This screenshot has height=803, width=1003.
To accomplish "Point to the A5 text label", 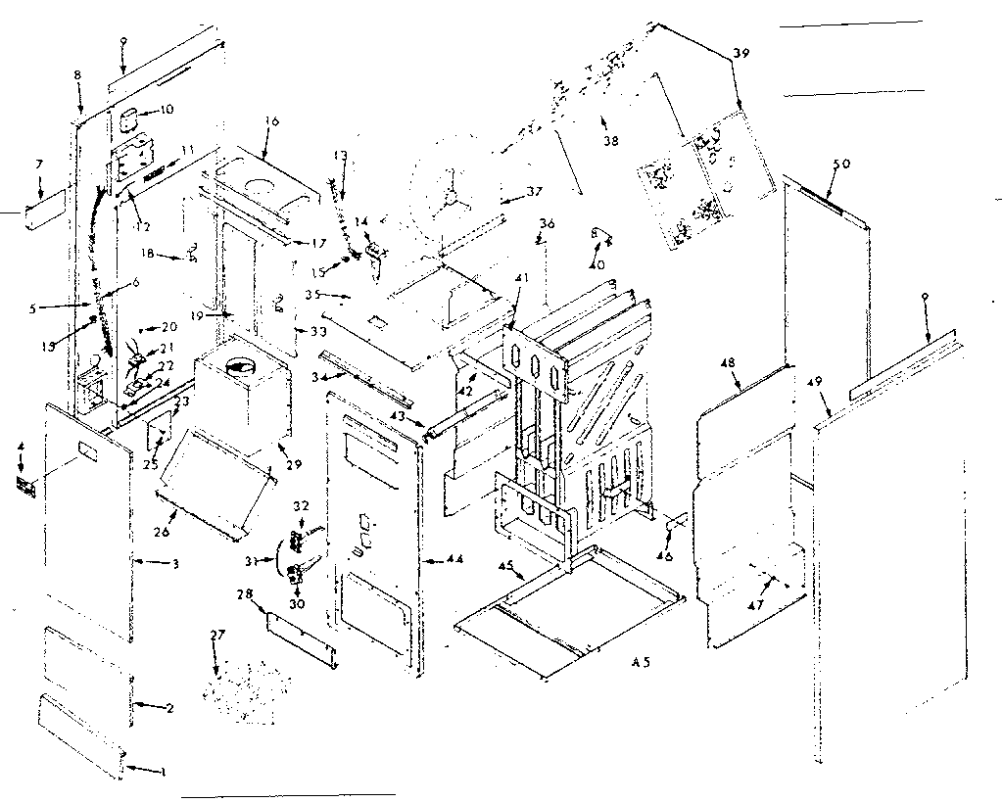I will click(641, 663).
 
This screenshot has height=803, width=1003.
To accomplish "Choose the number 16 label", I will click(272, 121).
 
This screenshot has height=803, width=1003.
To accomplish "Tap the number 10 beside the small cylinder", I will click(167, 110).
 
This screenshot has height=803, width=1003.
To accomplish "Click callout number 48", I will click(729, 362).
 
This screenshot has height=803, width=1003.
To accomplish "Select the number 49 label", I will click(818, 383).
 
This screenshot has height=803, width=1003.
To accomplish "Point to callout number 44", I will click(454, 559).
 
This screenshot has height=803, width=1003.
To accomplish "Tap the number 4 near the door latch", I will click(21, 450).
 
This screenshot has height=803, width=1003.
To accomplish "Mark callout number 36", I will click(547, 225).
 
